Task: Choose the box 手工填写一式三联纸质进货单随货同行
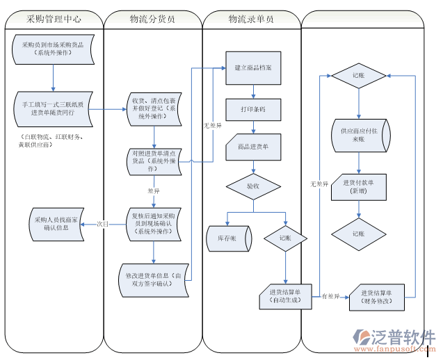click(52, 107)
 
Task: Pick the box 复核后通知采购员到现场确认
click(154, 222)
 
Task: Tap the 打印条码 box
click(252, 110)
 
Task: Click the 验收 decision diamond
click(252, 186)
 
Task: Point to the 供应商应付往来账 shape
click(358, 135)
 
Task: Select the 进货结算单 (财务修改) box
click(376, 297)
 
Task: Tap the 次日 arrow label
click(102, 224)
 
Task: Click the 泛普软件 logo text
click(408, 336)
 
